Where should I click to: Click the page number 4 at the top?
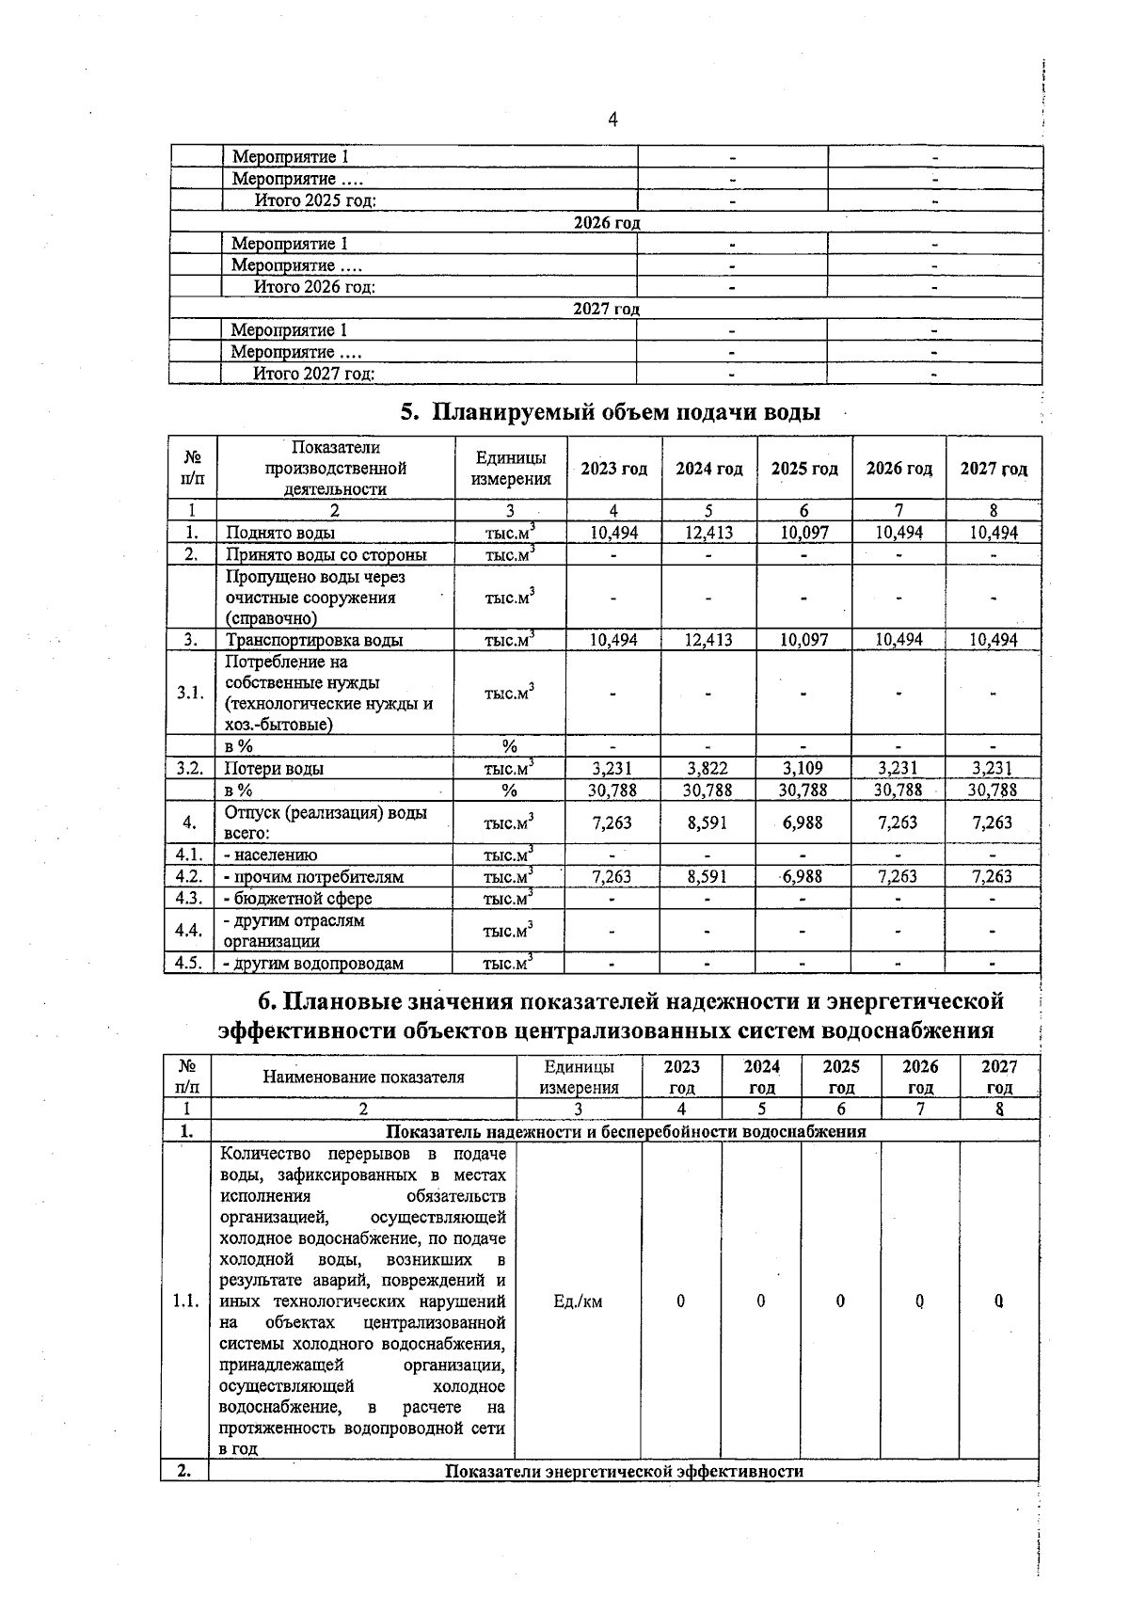613,120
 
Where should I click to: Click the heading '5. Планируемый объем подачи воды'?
611,412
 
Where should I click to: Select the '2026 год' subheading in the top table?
607,223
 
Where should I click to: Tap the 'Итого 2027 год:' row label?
314,374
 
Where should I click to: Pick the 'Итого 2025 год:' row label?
315,200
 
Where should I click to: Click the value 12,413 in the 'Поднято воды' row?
708,533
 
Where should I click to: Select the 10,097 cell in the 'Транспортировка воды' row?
804,640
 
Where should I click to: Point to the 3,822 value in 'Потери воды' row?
708,768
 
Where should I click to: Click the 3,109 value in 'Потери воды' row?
803,768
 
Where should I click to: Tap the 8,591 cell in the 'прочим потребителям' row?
708,876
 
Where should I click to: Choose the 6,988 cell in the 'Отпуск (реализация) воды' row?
803,822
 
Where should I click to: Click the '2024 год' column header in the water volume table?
708,469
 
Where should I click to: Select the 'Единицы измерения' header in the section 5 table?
511,469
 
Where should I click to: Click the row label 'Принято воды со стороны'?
326,554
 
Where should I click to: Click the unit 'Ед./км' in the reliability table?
578,1302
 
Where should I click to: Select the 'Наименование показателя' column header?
363,1078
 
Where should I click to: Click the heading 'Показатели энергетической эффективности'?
624,1471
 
